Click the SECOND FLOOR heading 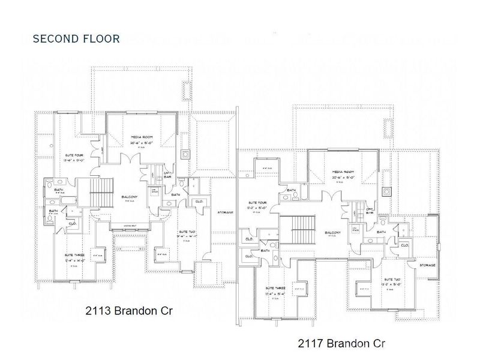coord(76,39)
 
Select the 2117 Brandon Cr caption coord(340,343)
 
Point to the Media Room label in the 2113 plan coord(142,137)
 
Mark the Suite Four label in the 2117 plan coord(256,203)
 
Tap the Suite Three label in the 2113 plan coord(76,256)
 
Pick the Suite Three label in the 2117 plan coord(277,289)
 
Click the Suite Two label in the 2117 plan coord(392,280)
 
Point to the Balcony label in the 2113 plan coord(129,196)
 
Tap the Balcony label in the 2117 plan coord(334,233)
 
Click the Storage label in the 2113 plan coord(225,212)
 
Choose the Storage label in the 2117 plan coord(427,264)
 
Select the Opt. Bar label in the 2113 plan coord(169,173)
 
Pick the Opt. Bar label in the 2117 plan coord(370,210)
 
